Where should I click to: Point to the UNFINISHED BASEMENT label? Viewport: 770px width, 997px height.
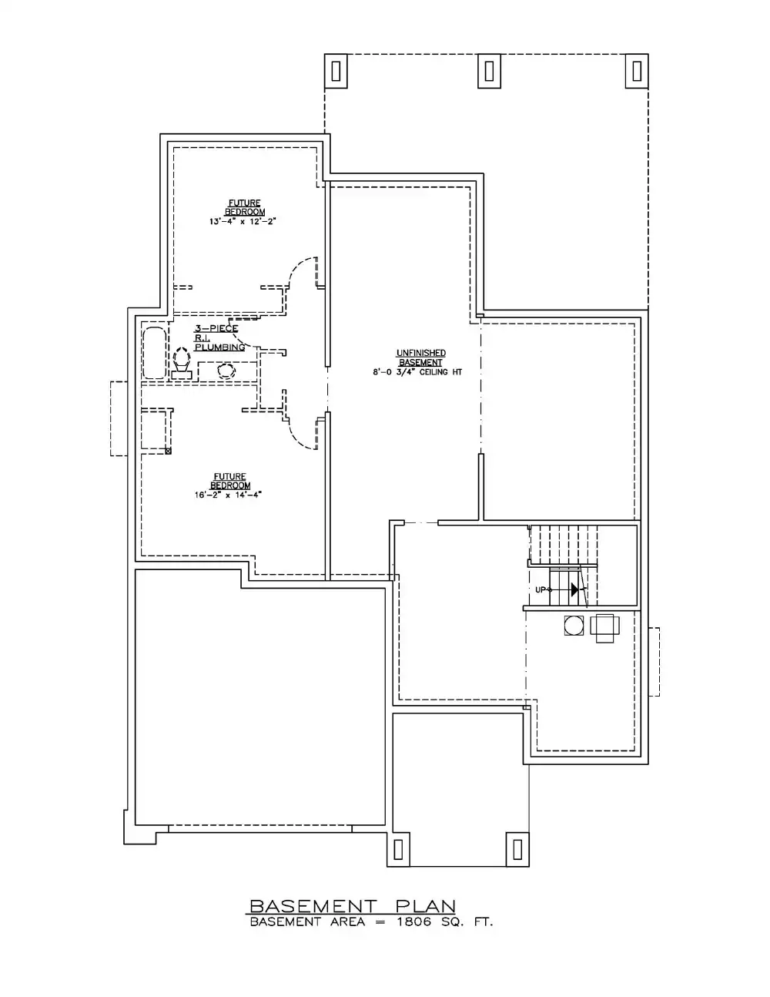(x=420, y=358)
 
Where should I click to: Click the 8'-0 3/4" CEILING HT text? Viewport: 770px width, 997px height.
(x=417, y=372)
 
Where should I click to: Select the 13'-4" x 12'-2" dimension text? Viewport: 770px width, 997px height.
(x=243, y=221)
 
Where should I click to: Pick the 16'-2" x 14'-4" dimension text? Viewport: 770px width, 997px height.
(x=228, y=495)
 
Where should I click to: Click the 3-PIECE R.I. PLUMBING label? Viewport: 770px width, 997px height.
(x=219, y=337)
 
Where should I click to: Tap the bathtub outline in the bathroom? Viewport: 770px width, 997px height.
(x=154, y=354)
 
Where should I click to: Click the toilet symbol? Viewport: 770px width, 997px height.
(x=182, y=362)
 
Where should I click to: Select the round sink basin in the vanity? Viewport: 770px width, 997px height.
(x=226, y=370)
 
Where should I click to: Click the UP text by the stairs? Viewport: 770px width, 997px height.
(x=542, y=589)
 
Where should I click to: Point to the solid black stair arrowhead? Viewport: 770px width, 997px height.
(x=574, y=589)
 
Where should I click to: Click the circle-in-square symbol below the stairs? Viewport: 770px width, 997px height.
(x=574, y=626)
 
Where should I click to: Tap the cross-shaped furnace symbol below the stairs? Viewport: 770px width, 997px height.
(x=605, y=628)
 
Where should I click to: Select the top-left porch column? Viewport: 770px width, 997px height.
(x=336, y=71)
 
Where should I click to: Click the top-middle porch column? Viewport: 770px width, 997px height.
(x=489, y=71)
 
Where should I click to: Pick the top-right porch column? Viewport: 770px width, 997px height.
(x=637, y=71)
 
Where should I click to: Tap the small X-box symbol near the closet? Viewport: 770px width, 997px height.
(x=168, y=451)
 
